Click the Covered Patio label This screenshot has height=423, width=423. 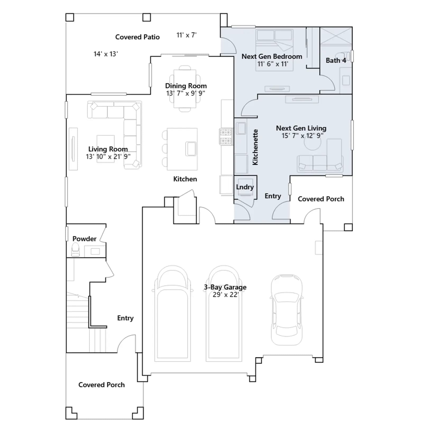(137, 37)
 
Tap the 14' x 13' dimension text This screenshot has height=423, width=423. (106, 54)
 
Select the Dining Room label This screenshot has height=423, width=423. (186, 86)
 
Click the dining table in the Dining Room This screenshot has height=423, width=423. (185, 89)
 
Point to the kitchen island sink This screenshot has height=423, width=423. (191, 149)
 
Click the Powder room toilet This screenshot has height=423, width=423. (75, 250)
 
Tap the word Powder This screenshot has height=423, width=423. (84, 239)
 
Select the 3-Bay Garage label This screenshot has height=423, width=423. (225, 287)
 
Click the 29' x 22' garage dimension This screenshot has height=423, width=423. (226, 295)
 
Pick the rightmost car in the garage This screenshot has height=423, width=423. (287, 310)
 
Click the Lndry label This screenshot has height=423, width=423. (245, 187)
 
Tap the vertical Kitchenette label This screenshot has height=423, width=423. (255, 147)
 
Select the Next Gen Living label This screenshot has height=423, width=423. (301, 128)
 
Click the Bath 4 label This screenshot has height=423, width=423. (336, 61)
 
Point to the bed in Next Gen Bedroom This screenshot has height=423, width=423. (274, 50)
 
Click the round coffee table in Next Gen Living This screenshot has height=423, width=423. (312, 142)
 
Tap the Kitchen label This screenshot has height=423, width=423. (185, 179)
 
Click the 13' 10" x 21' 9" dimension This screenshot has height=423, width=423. (108, 157)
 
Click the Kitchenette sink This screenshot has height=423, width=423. (241, 128)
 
